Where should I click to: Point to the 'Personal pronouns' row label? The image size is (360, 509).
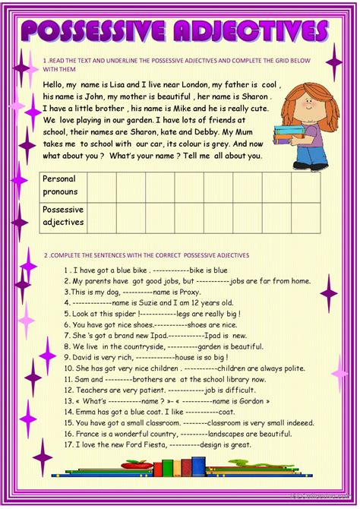point(60,185)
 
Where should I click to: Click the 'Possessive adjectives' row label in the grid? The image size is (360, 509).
point(63,216)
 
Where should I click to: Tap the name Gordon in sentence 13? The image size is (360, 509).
point(255,400)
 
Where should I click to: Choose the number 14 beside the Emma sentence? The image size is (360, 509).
point(69,411)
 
